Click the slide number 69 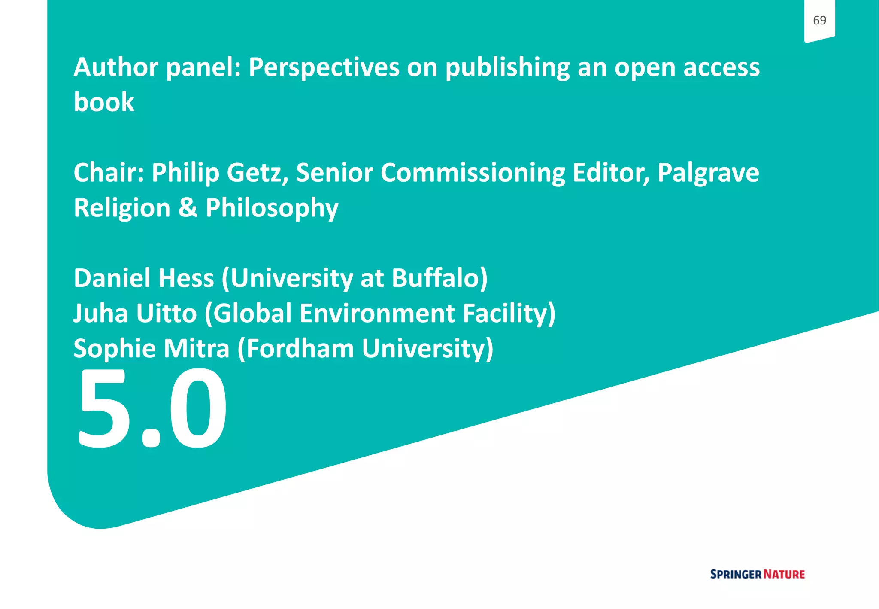pos(819,20)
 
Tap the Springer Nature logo pos(757,574)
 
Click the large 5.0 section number pos(152,408)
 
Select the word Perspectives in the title pos(324,67)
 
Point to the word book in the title pos(104,102)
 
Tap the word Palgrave pos(708,173)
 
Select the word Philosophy pos(272,209)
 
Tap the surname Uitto pos(167,313)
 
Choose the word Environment pos(377,313)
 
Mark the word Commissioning pos(473,174)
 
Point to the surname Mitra pos(197,348)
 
